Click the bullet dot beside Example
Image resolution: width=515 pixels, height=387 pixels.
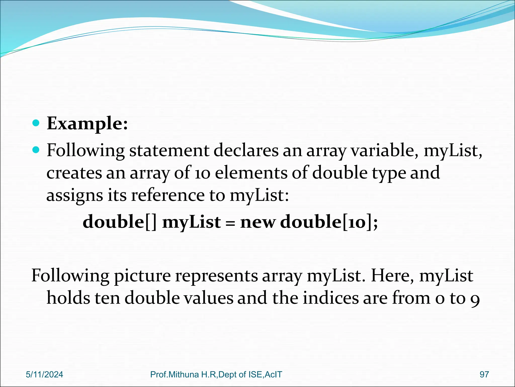point(36,123)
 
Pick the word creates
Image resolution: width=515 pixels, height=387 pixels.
point(74,173)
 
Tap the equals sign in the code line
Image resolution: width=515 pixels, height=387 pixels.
point(230,223)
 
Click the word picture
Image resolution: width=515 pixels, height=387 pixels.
point(142,276)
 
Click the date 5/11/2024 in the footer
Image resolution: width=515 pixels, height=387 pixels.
point(45,375)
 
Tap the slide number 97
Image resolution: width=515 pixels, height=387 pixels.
point(484,375)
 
